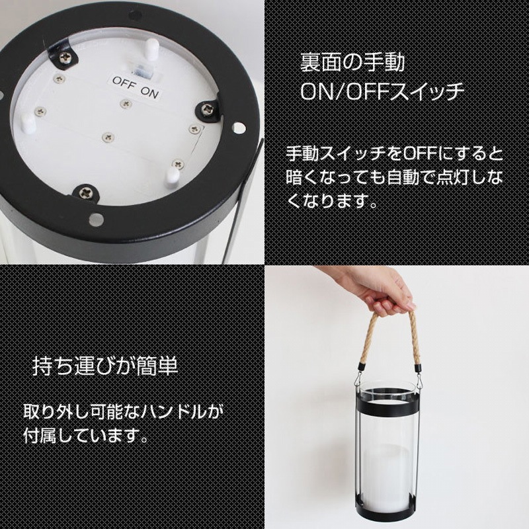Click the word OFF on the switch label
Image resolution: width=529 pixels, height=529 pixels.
[x=124, y=83]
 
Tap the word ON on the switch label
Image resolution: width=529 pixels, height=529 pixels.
[x=149, y=92]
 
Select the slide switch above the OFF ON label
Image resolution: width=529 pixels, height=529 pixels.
[x=142, y=69]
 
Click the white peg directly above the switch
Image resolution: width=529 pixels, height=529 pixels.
[x=152, y=50]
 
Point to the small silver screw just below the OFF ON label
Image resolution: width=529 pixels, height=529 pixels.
[x=126, y=103]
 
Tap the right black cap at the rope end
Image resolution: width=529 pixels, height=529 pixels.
[x=419, y=367]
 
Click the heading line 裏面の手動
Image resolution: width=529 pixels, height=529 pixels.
[x=352, y=63]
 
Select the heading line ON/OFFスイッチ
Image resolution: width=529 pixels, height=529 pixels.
[x=382, y=91]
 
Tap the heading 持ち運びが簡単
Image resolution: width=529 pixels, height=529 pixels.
[x=105, y=366]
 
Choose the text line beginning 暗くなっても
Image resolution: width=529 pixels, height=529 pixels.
[x=394, y=177]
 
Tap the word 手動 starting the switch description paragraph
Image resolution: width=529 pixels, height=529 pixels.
[x=302, y=154]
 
